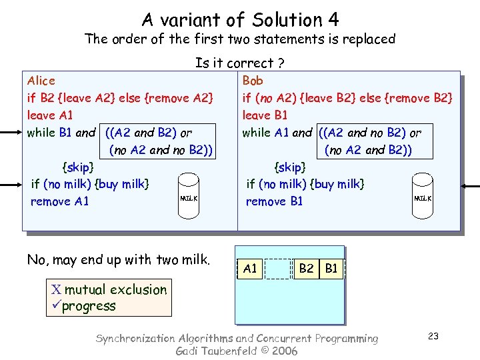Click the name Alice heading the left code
[x=41, y=81]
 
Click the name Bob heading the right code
[x=253, y=81]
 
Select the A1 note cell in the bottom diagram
[x=250, y=269]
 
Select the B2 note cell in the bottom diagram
[x=306, y=269]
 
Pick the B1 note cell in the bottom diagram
[x=331, y=269]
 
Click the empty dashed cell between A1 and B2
[x=278, y=269]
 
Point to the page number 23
[x=433, y=336]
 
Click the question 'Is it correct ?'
[x=240, y=63]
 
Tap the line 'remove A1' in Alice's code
[x=60, y=201]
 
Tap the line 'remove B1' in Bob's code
[x=274, y=201]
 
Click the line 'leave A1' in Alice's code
[x=50, y=115]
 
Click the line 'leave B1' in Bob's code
[x=265, y=115]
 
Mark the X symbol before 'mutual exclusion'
[x=56, y=290]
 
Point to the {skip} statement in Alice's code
[x=77, y=166]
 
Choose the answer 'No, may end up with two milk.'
[x=119, y=260]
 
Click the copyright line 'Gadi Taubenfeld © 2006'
[x=237, y=351]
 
